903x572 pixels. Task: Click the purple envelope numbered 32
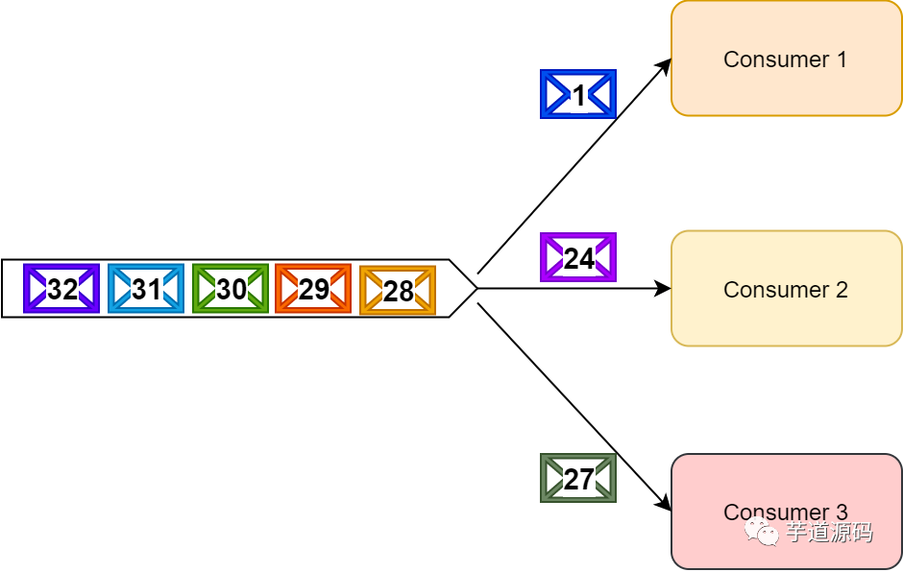point(61,289)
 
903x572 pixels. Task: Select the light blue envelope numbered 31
point(146,289)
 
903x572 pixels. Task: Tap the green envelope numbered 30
point(231,289)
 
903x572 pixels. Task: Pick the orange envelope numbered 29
point(313,289)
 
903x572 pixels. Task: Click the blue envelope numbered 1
point(578,94)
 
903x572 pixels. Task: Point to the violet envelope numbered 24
point(578,257)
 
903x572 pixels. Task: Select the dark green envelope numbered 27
point(578,478)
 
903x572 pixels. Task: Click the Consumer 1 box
point(786,59)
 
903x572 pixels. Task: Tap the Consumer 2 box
point(786,288)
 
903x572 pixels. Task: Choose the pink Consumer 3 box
point(786,511)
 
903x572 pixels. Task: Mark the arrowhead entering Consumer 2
point(663,288)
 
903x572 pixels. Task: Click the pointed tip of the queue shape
point(476,288)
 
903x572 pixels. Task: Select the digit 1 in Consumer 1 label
point(842,60)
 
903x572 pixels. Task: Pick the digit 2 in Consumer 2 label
point(842,290)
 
